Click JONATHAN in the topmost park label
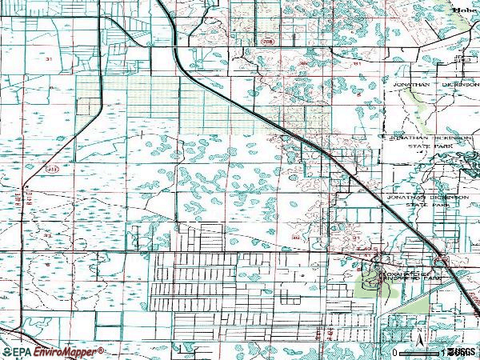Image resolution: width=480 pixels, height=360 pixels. click(411, 83)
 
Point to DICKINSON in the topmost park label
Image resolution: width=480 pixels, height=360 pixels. click(450, 83)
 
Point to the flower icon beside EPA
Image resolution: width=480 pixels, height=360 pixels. click(7, 352)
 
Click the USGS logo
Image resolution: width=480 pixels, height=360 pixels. click(461, 352)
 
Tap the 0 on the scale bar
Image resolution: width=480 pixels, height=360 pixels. click(395, 352)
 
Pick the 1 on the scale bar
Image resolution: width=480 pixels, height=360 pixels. click(442, 352)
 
